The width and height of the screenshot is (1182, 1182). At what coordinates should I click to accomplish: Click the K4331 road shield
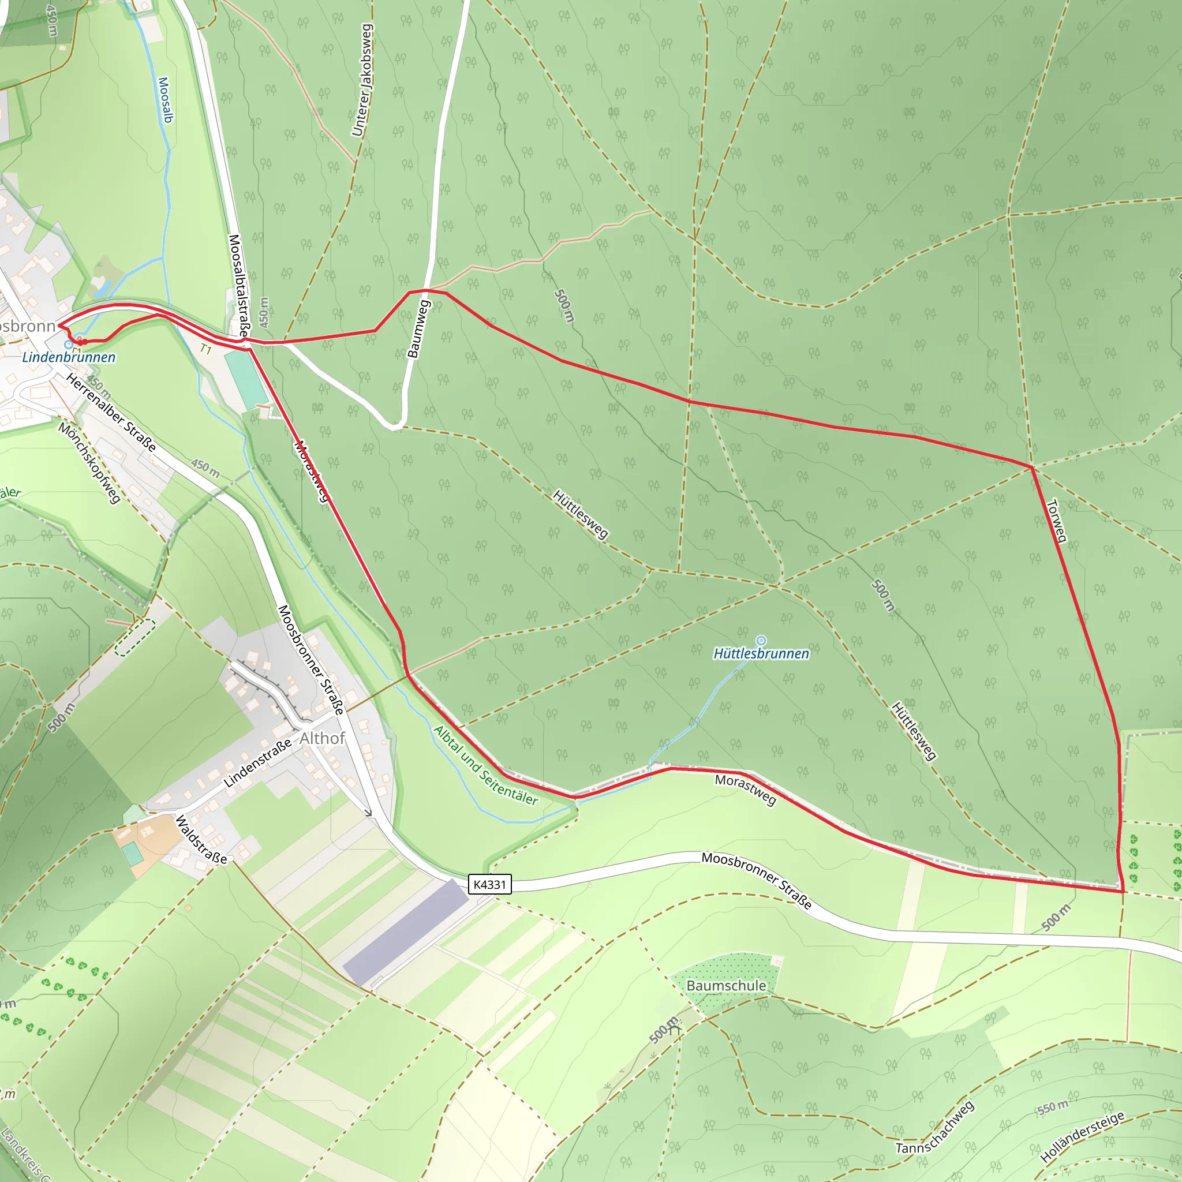[489, 884]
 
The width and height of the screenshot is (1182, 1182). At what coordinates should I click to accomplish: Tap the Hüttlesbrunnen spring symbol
[761, 641]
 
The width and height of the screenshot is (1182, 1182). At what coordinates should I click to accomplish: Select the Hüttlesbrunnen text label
[761, 654]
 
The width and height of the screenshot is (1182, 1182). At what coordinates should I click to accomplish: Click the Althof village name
[323, 738]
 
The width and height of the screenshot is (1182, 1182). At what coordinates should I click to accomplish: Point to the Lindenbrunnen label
[69, 357]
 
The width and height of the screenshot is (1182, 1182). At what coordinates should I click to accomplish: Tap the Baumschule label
[726, 986]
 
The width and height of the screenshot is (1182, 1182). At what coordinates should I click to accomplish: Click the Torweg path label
[1057, 521]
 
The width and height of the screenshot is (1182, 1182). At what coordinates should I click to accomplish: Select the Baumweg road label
[419, 328]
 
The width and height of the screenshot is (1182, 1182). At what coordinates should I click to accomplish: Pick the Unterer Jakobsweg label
[362, 80]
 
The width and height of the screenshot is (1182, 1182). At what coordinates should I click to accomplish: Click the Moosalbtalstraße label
[238, 286]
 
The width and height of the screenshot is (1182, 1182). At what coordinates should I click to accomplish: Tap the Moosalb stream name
[165, 100]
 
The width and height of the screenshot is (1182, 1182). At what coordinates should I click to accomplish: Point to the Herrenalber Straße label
[111, 412]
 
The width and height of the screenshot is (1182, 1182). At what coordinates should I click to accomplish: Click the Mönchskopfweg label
[89, 462]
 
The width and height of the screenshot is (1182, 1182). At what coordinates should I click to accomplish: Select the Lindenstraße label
[257, 763]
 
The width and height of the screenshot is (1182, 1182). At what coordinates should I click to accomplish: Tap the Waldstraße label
[201, 839]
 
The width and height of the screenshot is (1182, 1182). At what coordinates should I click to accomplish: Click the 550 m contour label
[1053, 1107]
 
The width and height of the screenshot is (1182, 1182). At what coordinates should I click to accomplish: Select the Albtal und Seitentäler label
[486, 765]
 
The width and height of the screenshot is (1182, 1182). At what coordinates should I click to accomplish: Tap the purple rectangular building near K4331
[406, 932]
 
